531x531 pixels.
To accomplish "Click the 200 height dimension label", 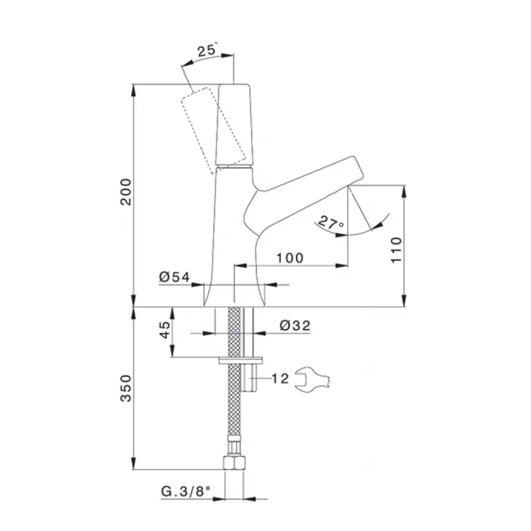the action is click(126, 191).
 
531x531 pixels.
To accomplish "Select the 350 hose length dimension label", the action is click(126, 388).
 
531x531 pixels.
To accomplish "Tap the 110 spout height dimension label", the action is click(396, 250).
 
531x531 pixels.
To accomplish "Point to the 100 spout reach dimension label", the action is click(290, 258).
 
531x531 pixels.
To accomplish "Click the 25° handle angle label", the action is click(207, 50).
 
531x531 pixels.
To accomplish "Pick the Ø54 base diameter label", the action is click(174, 277).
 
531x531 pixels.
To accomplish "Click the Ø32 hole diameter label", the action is click(295, 325).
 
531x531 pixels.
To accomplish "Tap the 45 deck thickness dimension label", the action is click(165, 330).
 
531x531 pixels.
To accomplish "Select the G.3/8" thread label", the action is click(186, 491).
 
